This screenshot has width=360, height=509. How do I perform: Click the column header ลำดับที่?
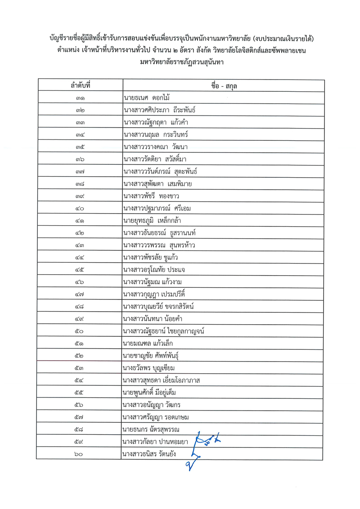click(81, 85)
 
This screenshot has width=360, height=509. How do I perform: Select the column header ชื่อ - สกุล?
click(224, 85)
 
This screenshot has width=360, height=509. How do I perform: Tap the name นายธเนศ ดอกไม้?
click(146, 98)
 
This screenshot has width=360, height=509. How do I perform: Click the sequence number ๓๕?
click(81, 147)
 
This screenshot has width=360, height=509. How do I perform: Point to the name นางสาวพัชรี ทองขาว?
click(152, 196)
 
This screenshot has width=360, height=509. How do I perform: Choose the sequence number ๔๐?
click(81, 208)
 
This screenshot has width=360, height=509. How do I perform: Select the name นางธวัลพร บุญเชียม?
click(148, 368)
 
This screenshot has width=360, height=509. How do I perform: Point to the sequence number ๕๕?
click(81, 393)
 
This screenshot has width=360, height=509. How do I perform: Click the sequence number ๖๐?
click(81, 454)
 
